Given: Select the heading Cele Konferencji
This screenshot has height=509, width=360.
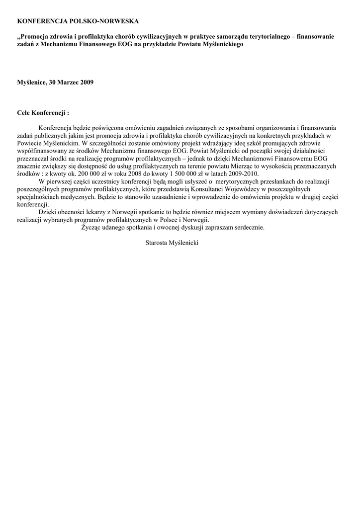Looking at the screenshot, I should tap(43, 113).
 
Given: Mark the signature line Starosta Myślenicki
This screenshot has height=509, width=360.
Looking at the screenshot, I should tap(173, 244).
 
